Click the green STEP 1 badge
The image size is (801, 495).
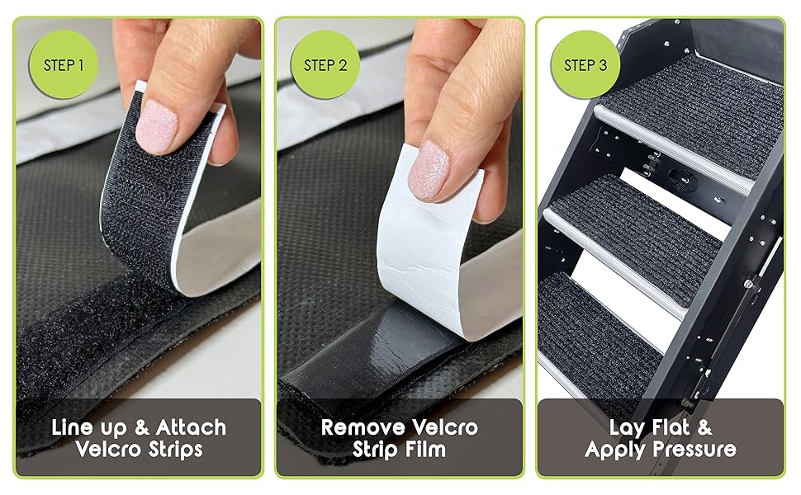point(64,65)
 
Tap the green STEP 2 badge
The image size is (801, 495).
point(325,65)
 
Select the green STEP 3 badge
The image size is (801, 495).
point(585,65)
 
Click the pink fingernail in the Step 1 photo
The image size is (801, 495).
point(156,126)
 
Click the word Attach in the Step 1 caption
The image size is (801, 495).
point(191,427)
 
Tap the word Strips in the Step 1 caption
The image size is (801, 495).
point(175,450)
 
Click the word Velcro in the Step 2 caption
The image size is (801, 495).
point(445,427)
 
